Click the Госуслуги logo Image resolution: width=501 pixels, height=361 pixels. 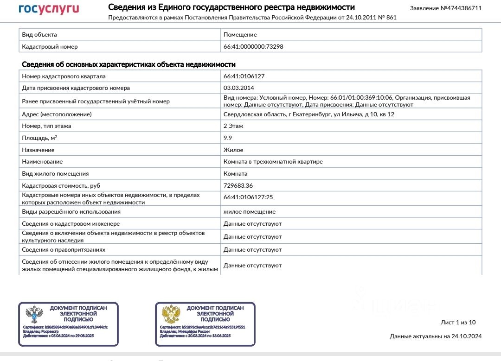pos(49,9)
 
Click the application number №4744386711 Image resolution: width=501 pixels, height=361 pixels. pos(446,8)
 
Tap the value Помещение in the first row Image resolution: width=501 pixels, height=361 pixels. pos(240,35)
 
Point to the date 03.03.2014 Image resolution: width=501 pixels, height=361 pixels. pos(238,88)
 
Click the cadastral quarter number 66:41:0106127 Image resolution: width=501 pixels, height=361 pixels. pos(244,76)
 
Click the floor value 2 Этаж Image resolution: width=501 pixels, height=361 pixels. pos(233,126)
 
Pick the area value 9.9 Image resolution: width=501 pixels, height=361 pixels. pos(228,138)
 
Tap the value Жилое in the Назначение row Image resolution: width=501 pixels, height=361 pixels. pos(233,150)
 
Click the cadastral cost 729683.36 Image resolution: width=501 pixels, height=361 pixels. pos(238,186)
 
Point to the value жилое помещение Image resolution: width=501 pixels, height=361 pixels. pos(250,212)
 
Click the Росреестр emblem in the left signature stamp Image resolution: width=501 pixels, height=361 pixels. pos(33,316)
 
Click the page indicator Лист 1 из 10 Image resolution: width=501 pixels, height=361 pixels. pos(458,323)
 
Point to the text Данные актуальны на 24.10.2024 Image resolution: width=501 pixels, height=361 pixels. pos(436,336)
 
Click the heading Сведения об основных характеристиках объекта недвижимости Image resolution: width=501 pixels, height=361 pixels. pos(129,65)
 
